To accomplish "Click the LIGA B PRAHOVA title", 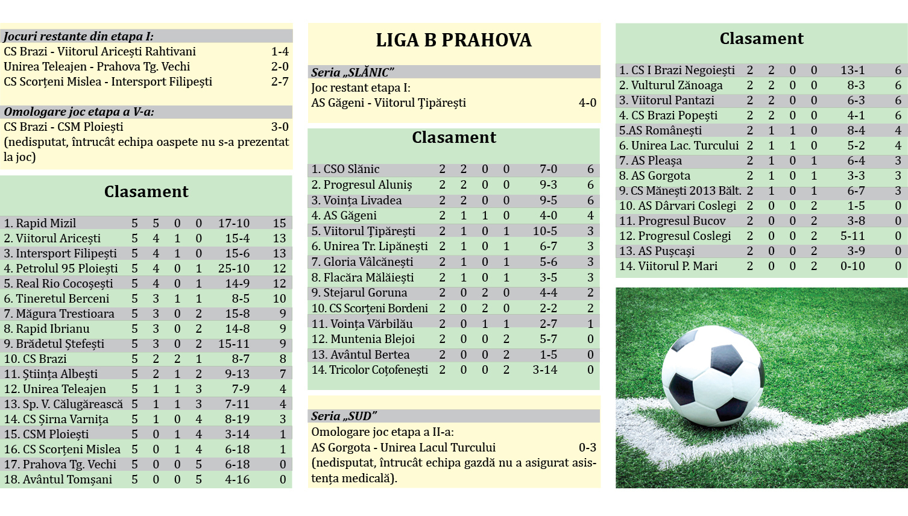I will tap(453, 40).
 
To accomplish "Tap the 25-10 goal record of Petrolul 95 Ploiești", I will tap(233, 268).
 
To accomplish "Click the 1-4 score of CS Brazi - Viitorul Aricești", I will tap(280, 52).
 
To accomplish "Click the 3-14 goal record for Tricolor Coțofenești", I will tap(545, 370).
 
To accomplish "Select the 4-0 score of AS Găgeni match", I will tap(587, 103).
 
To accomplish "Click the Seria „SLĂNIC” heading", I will tap(352, 72).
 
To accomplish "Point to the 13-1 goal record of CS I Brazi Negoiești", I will tap(853, 71).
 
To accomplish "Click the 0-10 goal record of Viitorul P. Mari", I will tap(853, 266).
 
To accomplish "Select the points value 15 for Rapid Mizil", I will tap(279, 223).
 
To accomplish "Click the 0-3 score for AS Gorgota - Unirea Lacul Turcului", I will tap(587, 447).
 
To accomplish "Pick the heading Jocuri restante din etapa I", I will tap(78, 36).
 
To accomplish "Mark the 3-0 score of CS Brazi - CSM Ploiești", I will tap(280, 127).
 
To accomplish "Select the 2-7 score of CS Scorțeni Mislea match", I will tap(280, 81).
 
